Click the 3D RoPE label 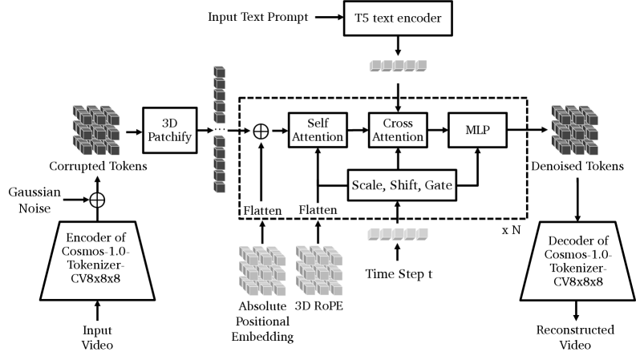[318, 306]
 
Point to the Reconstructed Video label [577, 338]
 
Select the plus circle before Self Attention [260, 129]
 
